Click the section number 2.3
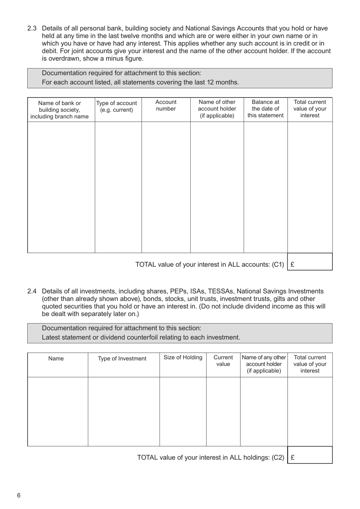(x=32, y=28)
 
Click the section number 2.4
(x=32, y=291)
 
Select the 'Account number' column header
(x=166, y=105)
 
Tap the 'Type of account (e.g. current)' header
(x=116, y=107)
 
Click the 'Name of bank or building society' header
(x=59, y=110)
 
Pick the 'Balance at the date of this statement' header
(x=265, y=109)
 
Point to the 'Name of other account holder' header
(x=217, y=109)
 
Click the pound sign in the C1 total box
(x=293, y=265)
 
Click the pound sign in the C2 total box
(x=293, y=457)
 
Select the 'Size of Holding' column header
(x=183, y=357)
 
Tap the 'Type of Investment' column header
(x=122, y=358)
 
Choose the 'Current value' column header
(x=223, y=361)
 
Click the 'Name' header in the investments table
(x=56, y=358)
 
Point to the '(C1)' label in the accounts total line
(x=278, y=265)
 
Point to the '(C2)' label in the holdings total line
(x=278, y=457)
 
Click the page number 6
(x=19, y=495)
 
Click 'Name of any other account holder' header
(x=264, y=364)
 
